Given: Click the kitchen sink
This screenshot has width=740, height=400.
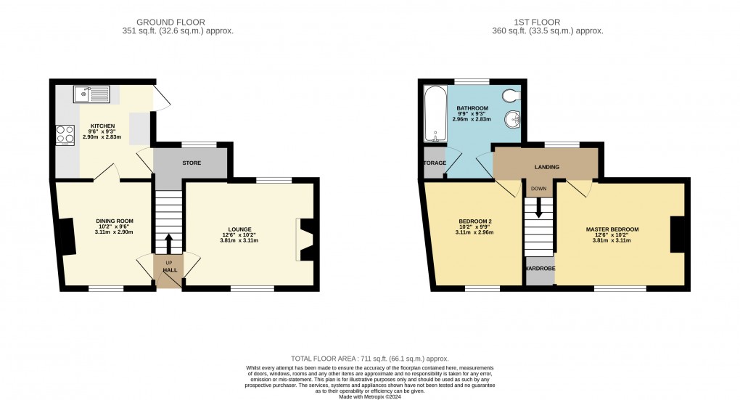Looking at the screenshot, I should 91,93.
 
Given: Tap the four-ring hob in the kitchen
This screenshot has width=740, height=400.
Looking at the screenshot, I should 65,135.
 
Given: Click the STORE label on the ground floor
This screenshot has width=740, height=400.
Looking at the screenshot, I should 192,163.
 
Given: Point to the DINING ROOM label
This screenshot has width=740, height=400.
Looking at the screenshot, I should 115,221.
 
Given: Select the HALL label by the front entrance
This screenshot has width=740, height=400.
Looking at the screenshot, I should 169,270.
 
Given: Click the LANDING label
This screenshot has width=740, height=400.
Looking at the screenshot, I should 546,167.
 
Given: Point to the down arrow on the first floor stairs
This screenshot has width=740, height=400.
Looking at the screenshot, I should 538,207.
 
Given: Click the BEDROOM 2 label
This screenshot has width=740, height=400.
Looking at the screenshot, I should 475,221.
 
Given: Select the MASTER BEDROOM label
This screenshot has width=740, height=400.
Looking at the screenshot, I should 612,229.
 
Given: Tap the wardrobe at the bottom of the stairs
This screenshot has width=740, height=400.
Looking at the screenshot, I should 539,271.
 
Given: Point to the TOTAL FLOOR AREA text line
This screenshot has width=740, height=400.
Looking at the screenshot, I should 369,359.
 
